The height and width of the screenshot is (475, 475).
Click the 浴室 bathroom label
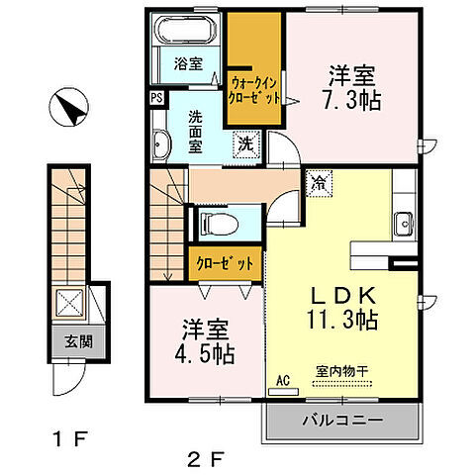(189, 63)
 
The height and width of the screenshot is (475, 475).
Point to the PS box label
(156, 98)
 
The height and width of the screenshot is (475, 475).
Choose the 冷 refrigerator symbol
(319, 182)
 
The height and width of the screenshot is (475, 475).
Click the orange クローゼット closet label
(227, 264)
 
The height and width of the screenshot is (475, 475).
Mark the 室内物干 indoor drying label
(342, 371)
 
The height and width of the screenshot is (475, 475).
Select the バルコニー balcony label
(342, 421)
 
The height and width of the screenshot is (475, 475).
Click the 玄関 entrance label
(68, 343)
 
